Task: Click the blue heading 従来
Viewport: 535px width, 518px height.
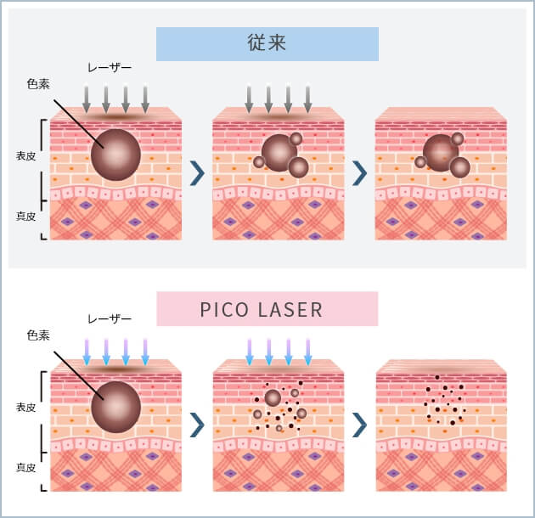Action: (x=267, y=43)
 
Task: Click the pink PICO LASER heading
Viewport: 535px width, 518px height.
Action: (x=267, y=309)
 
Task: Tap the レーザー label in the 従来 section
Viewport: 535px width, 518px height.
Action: (x=110, y=66)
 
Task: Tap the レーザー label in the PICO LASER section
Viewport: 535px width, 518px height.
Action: (x=110, y=319)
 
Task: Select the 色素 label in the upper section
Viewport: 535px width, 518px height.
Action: (x=38, y=83)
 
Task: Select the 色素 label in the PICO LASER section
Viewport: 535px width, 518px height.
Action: (x=38, y=336)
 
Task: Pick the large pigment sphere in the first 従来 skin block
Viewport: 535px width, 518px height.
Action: (x=115, y=155)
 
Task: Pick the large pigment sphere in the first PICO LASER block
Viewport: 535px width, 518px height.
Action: (x=115, y=406)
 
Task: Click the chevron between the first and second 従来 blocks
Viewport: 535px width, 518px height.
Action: (x=197, y=172)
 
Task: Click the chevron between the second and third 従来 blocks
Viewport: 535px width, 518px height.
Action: (x=359, y=172)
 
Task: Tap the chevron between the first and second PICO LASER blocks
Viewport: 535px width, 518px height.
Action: (x=197, y=423)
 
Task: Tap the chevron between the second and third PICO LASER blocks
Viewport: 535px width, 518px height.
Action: (x=359, y=423)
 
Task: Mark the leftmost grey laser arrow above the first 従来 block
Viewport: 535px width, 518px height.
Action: (x=86, y=99)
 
